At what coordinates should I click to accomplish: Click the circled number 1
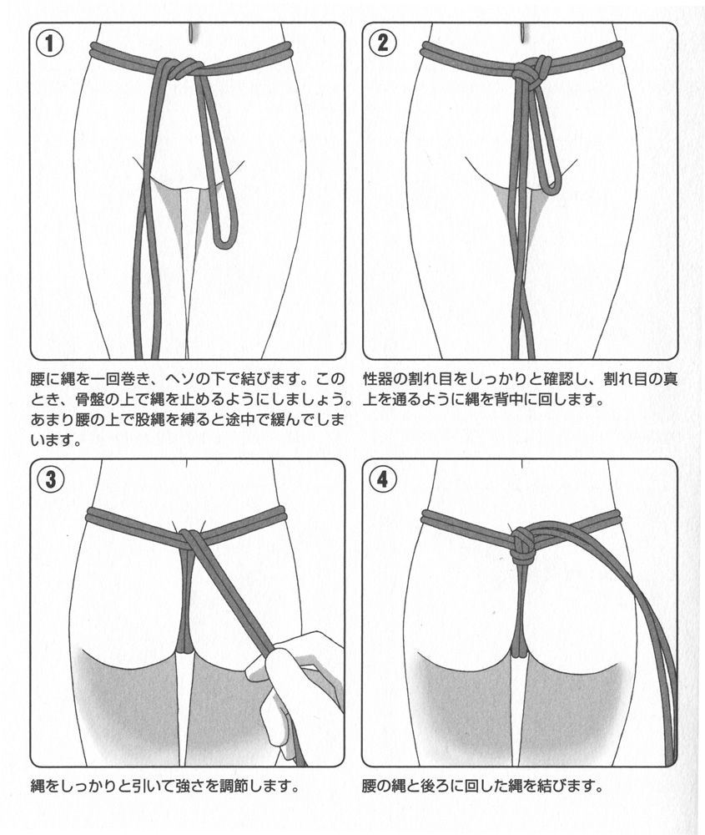[49, 43]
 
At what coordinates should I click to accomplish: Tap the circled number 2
[383, 42]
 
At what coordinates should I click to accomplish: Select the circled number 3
[50, 479]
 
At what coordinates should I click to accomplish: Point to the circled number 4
[383, 479]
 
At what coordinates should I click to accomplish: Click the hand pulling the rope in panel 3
[298, 687]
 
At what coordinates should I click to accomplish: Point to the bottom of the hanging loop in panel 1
[224, 245]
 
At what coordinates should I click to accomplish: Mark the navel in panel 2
[522, 33]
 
